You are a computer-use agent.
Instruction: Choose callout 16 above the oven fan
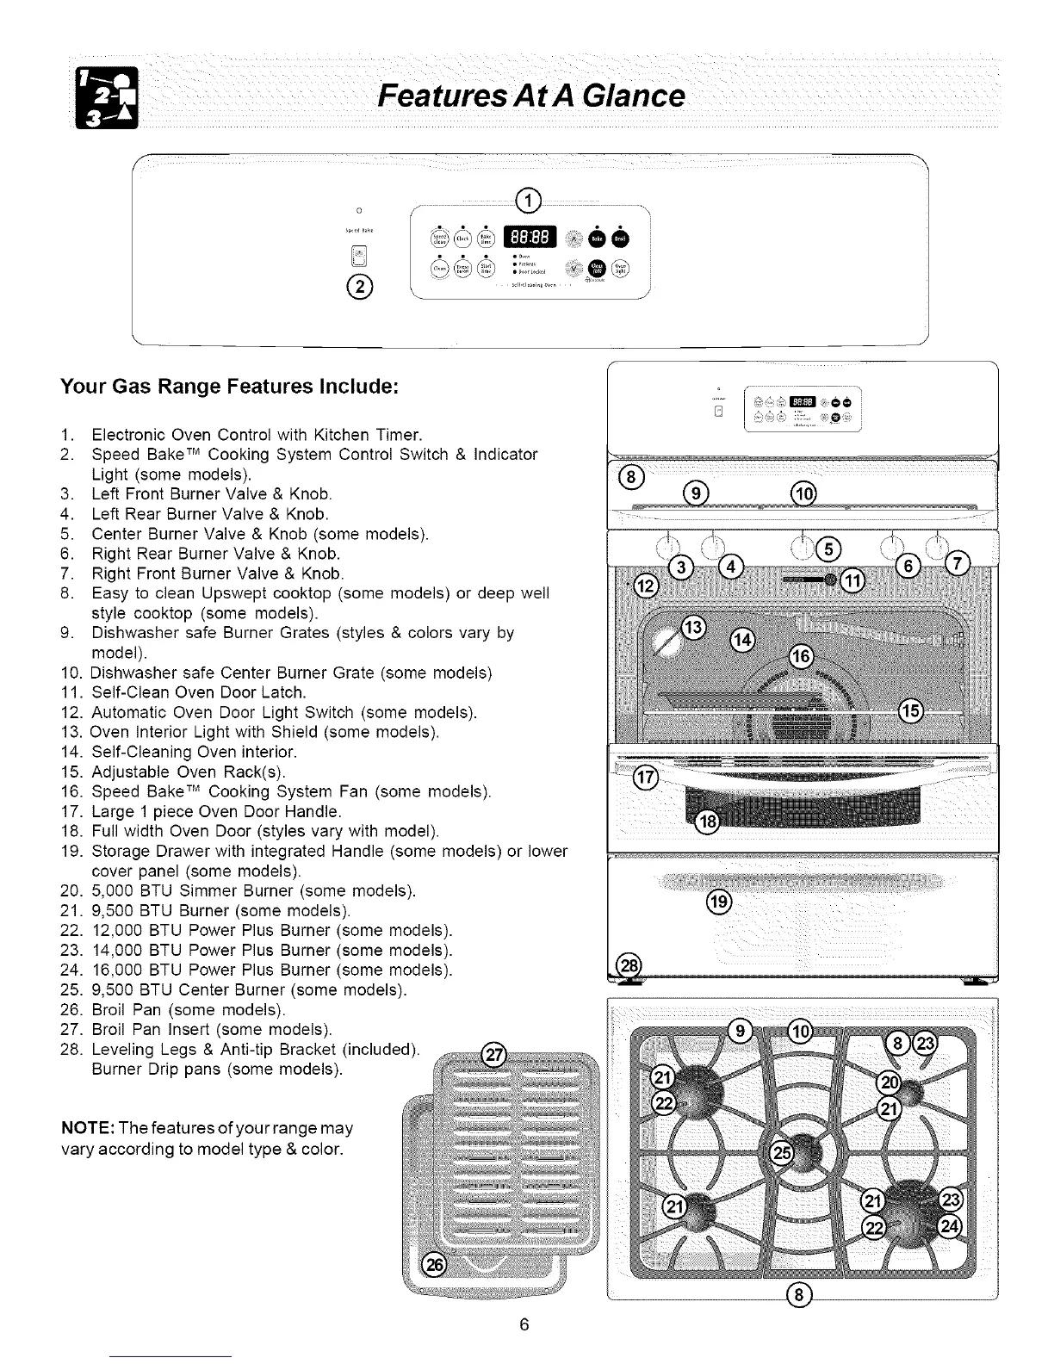click(x=801, y=657)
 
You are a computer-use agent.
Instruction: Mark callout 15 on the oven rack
click(x=911, y=710)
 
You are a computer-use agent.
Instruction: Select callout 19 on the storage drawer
click(x=718, y=902)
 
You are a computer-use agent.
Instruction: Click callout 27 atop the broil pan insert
click(x=494, y=1053)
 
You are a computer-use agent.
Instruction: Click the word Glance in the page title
click(x=619, y=95)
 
